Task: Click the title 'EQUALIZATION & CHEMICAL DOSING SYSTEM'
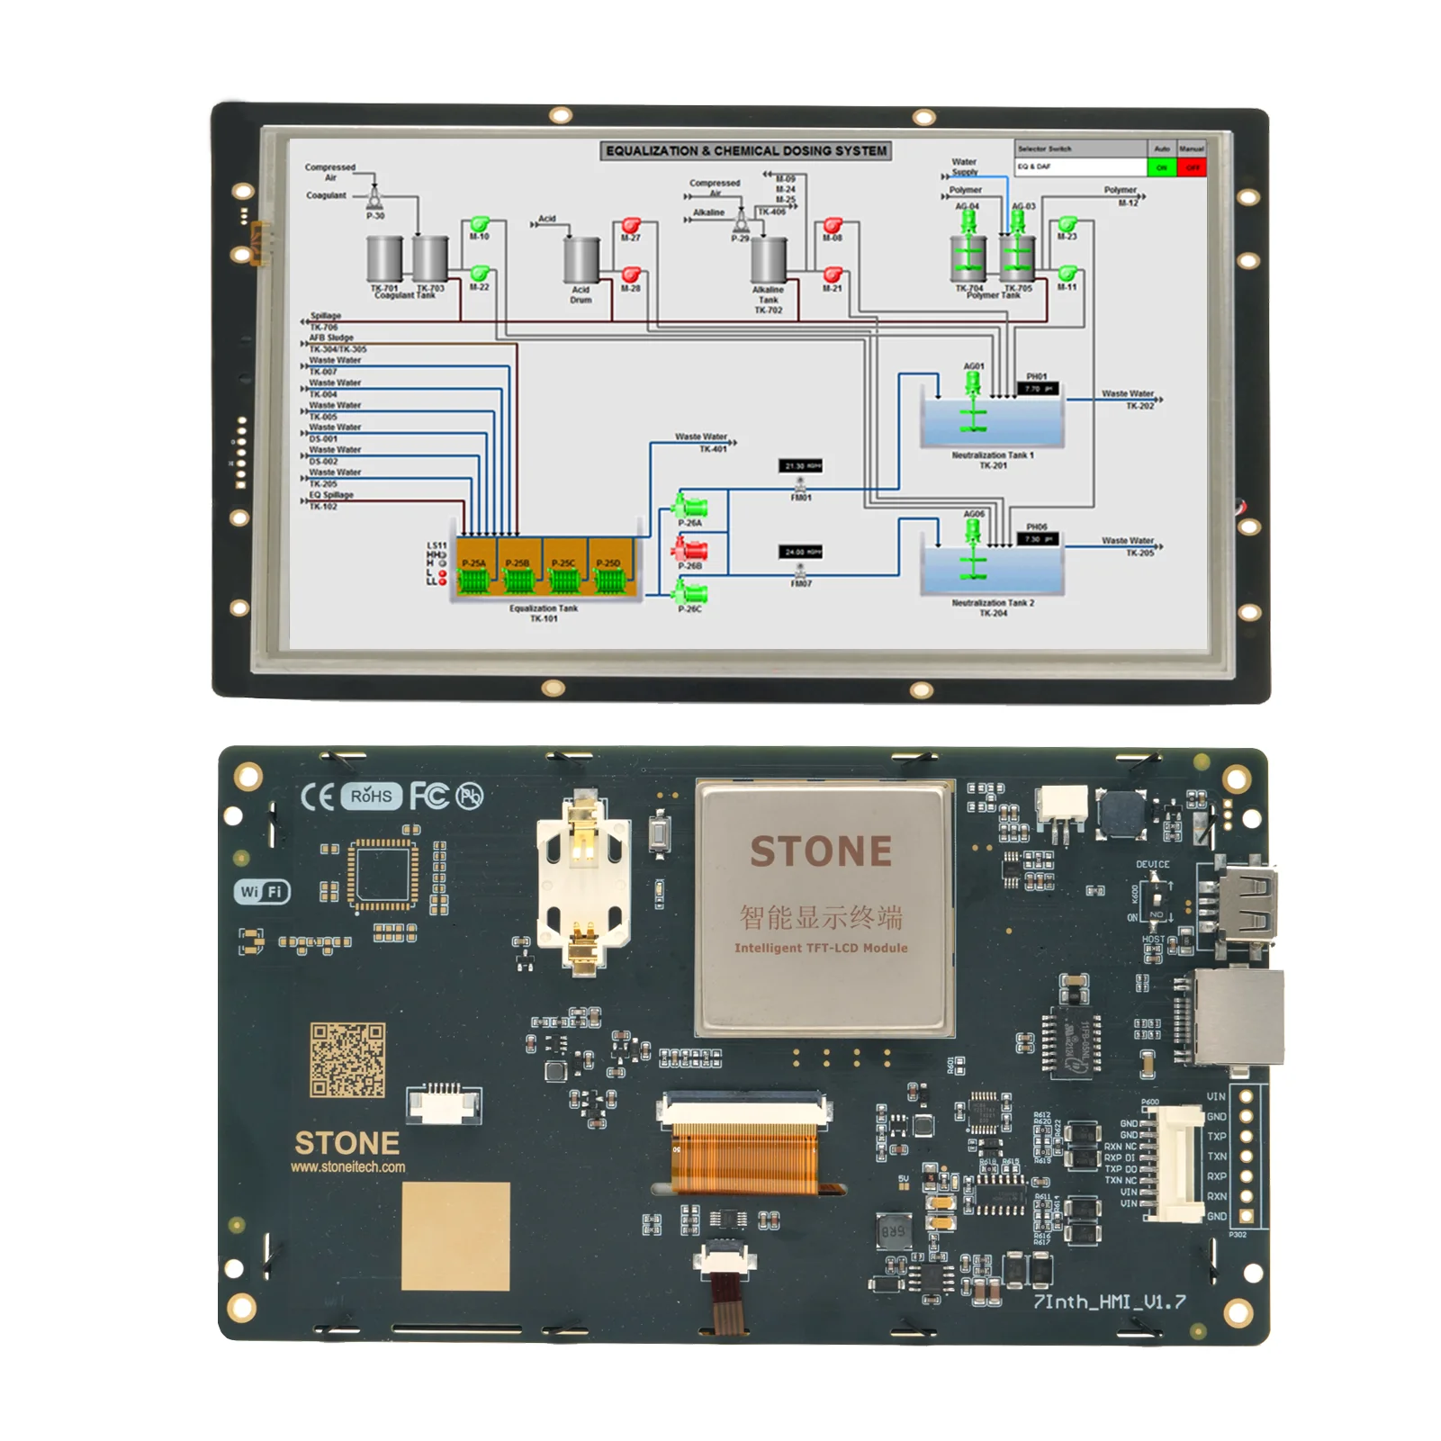746,151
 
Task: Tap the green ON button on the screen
1161,167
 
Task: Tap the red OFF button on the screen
1192,167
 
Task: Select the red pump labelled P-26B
690,549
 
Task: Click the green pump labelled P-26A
690,506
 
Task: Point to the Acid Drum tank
581,261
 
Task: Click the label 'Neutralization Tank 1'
993,455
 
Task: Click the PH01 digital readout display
1037,389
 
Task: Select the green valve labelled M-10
479,223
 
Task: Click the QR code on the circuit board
347,1059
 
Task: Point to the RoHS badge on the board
371,797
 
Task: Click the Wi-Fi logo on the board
262,891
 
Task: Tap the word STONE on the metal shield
821,851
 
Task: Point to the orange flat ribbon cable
744,1160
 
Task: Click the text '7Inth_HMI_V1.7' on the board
1109,1301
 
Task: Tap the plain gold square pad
455,1236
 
